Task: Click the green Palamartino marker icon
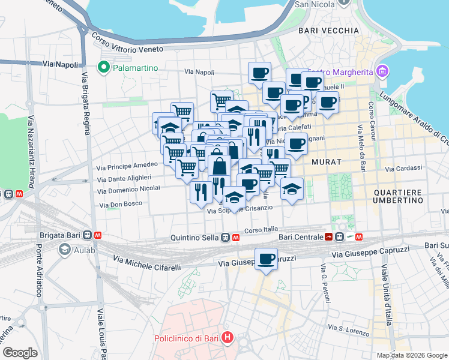(x=103, y=68)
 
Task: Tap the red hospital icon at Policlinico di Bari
(x=227, y=338)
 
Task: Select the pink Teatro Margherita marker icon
(x=382, y=72)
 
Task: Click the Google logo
(x=20, y=352)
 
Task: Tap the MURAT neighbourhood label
(x=327, y=162)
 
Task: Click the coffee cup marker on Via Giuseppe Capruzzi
(x=266, y=259)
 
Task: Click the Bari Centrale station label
(x=300, y=237)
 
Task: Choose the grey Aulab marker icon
(x=64, y=251)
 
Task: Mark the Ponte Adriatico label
(x=38, y=271)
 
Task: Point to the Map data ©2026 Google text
(x=411, y=355)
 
